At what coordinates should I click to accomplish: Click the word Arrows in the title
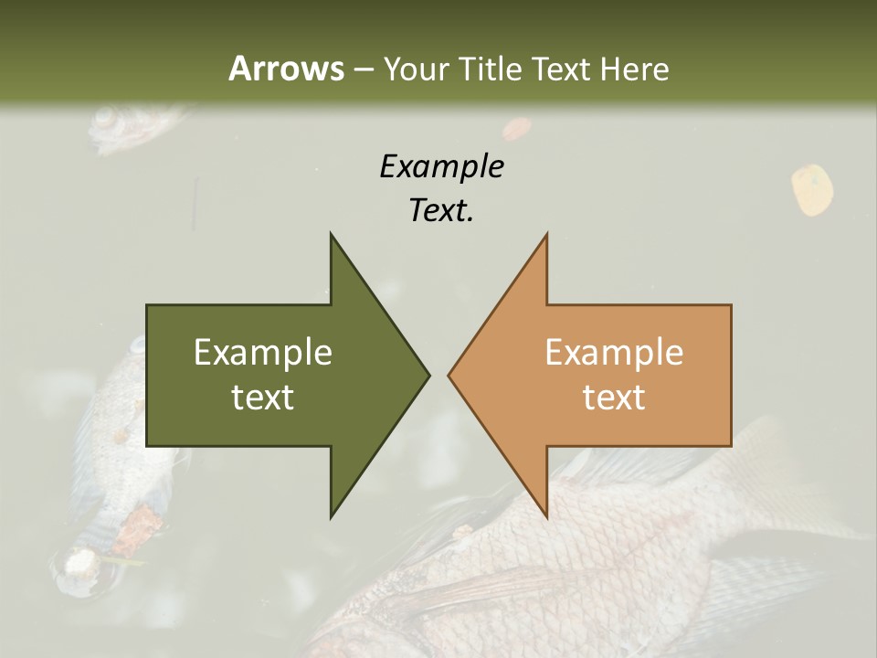(x=286, y=69)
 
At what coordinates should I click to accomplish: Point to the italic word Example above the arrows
(x=441, y=166)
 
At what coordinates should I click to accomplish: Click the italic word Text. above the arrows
(x=441, y=211)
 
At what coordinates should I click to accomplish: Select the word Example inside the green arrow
(x=263, y=352)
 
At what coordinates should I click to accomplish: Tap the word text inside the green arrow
(x=263, y=398)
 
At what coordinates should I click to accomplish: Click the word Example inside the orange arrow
(x=614, y=352)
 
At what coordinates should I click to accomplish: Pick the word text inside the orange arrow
(x=614, y=398)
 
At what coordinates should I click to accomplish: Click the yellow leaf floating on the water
(x=811, y=189)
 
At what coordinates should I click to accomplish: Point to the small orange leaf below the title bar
(x=517, y=129)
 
